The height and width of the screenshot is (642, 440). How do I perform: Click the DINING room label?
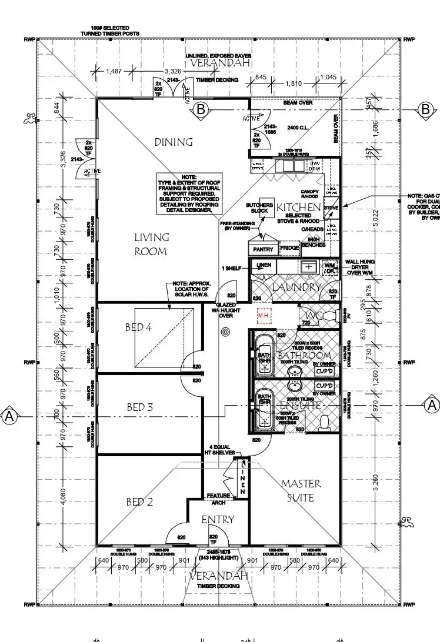[x=174, y=142]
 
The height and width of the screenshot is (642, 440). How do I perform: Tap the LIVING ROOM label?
[x=151, y=245]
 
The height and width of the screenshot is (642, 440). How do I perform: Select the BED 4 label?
[x=138, y=327]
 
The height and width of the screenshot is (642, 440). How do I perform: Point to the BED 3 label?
[x=140, y=407]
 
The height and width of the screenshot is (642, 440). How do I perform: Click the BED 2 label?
[x=139, y=501]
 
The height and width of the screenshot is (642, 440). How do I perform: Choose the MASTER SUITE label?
[x=301, y=490]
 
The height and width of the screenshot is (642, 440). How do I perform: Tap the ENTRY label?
[x=218, y=520]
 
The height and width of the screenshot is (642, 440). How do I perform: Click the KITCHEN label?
[x=299, y=208]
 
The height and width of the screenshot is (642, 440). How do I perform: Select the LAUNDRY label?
[x=296, y=287]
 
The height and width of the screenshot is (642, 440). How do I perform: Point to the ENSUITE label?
[x=299, y=406]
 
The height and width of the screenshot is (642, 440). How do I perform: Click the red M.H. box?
[x=264, y=316]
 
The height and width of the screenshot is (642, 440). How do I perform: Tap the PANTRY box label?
[x=263, y=250]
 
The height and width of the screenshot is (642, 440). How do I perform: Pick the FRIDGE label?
[x=289, y=249]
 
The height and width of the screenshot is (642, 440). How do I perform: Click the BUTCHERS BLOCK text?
[x=260, y=208]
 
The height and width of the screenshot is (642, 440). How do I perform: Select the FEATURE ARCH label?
[x=218, y=499]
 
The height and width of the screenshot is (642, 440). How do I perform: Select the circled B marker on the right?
[x=426, y=109]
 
